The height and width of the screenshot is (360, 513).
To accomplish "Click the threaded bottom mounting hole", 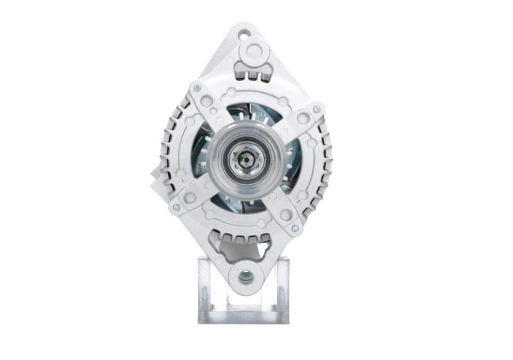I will [245, 277].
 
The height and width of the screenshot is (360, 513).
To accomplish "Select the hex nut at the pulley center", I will [244, 157].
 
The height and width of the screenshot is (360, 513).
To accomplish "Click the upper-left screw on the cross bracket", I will [196, 88].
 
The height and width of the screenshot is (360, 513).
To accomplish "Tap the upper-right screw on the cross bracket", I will [315, 110].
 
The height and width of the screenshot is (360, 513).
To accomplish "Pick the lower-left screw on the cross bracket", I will [174, 207].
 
